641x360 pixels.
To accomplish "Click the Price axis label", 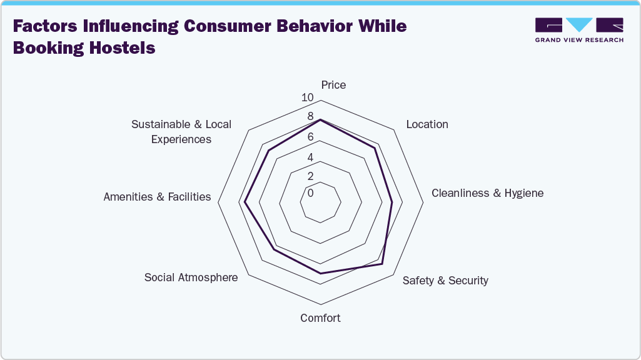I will tap(333, 85).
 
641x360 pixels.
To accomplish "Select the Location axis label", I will tap(427, 124).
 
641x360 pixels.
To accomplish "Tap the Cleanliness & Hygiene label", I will tap(487, 193).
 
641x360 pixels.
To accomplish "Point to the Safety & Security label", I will tap(445, 281).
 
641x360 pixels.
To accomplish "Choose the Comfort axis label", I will tap(320, 318).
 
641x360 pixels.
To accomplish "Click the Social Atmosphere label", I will tap(191, 277).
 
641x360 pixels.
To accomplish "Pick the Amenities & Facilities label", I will tap(157, 197).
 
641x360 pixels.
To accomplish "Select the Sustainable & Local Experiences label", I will tap(181, 132).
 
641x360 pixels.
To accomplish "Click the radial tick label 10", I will tap(307, 97).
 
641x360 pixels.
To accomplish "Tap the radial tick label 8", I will tap(310, 117).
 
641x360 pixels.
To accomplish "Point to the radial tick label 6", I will tap(310, 137).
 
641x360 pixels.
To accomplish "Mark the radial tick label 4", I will tap(310, 157).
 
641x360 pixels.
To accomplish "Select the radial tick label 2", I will tap(310, 176).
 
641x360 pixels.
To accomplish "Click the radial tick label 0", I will tap(310, 193).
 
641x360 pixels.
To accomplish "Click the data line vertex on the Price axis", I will tap(320, 119).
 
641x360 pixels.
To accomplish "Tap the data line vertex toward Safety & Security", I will tap(382, 264).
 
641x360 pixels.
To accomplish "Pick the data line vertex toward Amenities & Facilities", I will tap(245, 202).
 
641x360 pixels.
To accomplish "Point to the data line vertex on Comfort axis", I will tap(320, 274).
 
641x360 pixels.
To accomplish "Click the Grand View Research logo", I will tap(579, 29).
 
